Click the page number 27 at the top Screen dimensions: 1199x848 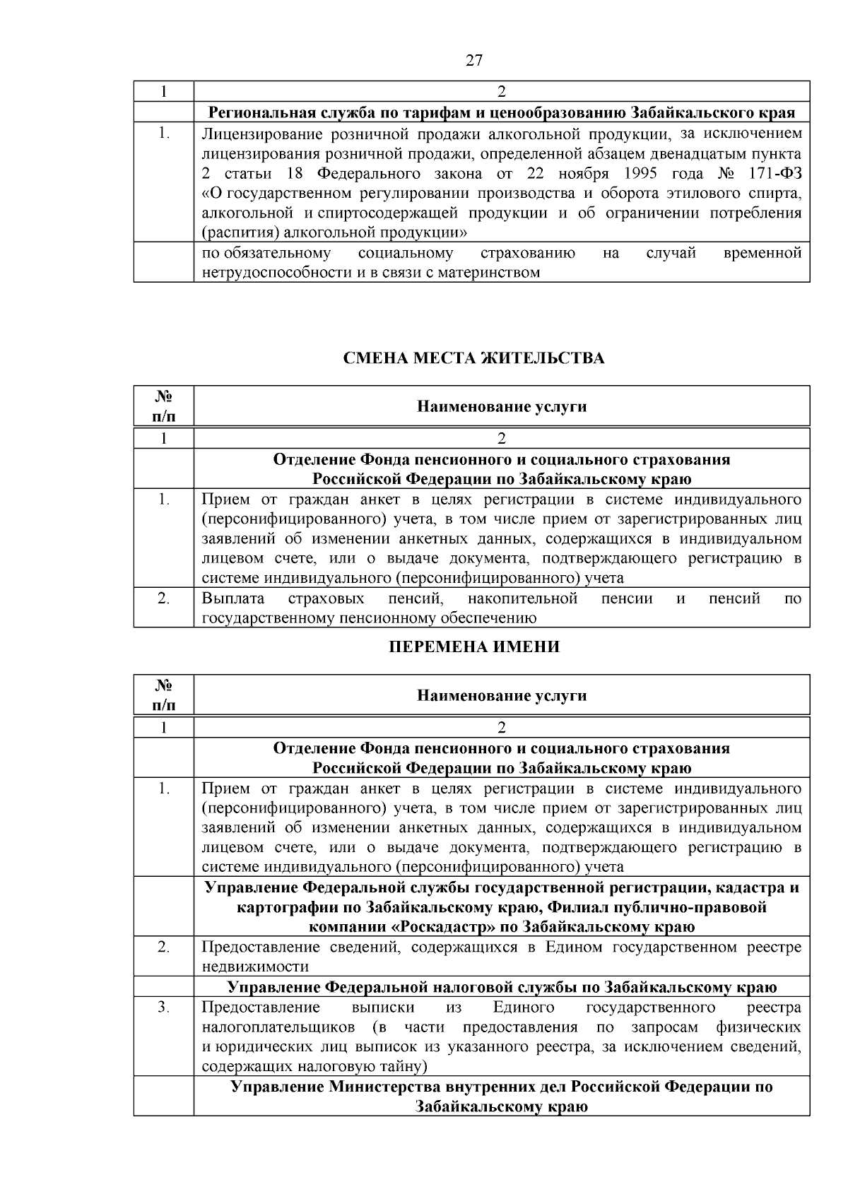(x=474, y=60)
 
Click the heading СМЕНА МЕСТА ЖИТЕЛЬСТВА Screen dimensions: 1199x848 (x=473, y=358)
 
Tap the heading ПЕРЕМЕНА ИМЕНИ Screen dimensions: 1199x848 (x=474, y=646)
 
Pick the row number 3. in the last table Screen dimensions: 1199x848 (x=163, y=1007)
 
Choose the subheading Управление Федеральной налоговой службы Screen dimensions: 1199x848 (x=502, y=987)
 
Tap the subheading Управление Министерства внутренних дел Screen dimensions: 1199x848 (x=502, y=1096)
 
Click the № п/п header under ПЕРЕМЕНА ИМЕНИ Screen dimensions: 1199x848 (x=163, y=695)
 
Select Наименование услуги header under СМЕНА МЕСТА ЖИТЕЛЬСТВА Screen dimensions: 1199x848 (x=502, y=406)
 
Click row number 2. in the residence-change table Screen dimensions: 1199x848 (x=163, y=598)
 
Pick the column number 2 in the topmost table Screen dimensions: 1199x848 (x=502, y=92)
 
